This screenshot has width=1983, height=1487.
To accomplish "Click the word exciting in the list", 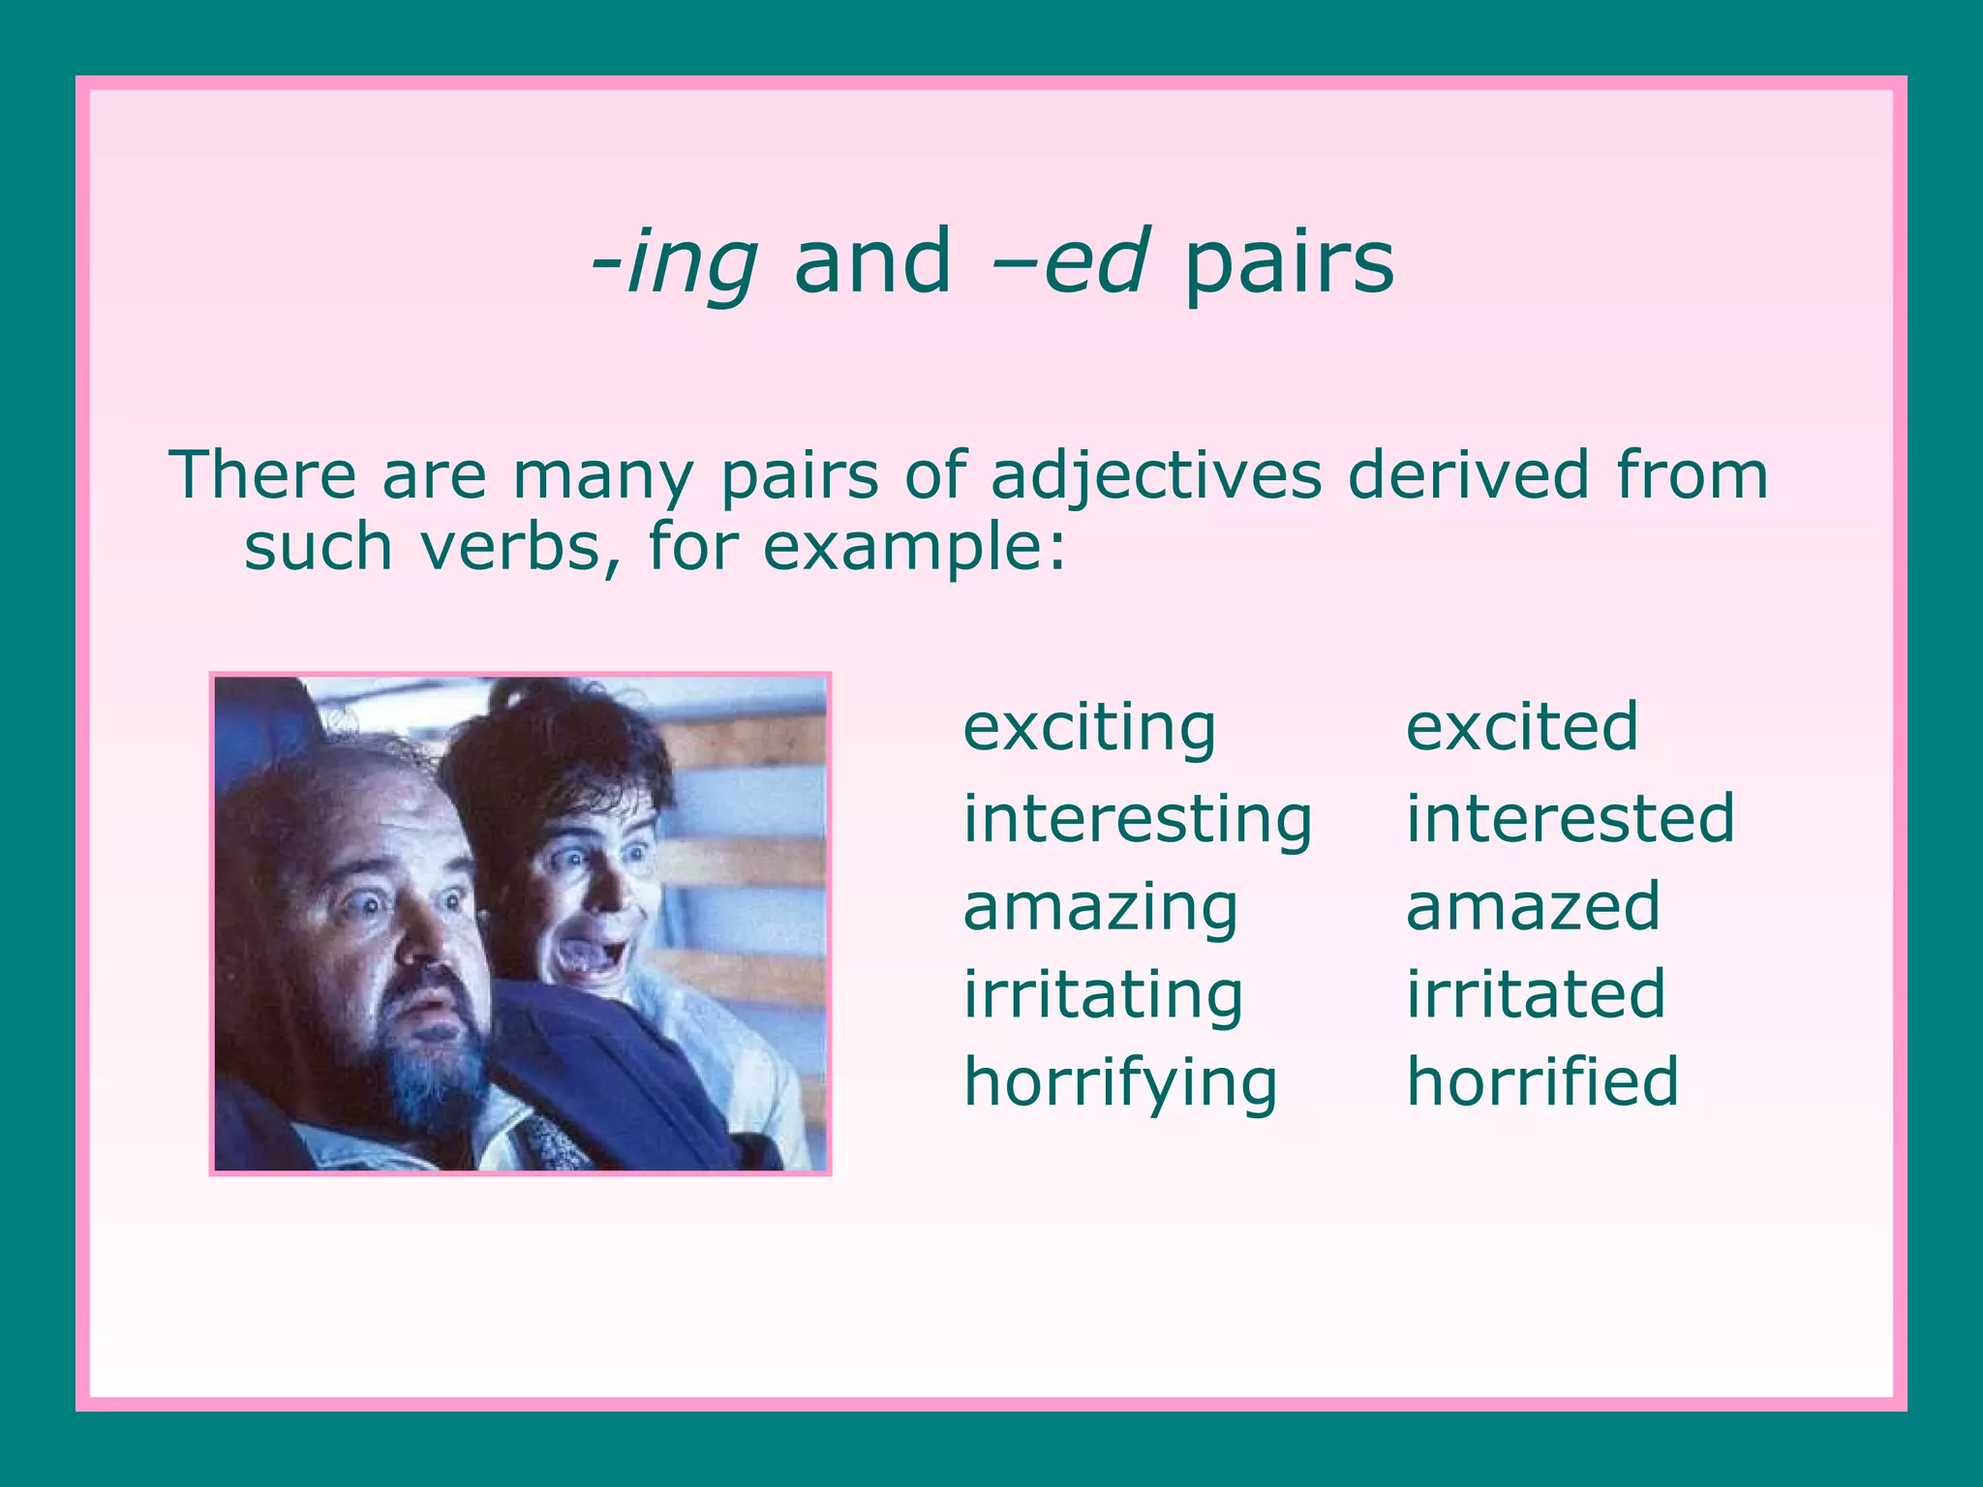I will coord(1089,728).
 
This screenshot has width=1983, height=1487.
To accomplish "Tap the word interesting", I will coord(1137,819).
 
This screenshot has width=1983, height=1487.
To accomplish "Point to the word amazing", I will coord(1100,908).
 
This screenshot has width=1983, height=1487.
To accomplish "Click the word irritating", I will coord(1103,995).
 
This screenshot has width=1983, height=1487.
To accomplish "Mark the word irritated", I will coord(1536,994).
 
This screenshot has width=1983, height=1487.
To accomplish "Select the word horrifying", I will coord(1120,1083).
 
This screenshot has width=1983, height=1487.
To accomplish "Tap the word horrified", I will coord(1542,1081).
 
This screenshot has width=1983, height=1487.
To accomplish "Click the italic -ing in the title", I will coord(674,263).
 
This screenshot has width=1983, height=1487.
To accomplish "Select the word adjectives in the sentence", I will coord(1156,476).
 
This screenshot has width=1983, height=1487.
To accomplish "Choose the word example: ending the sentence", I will coord(914,549).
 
